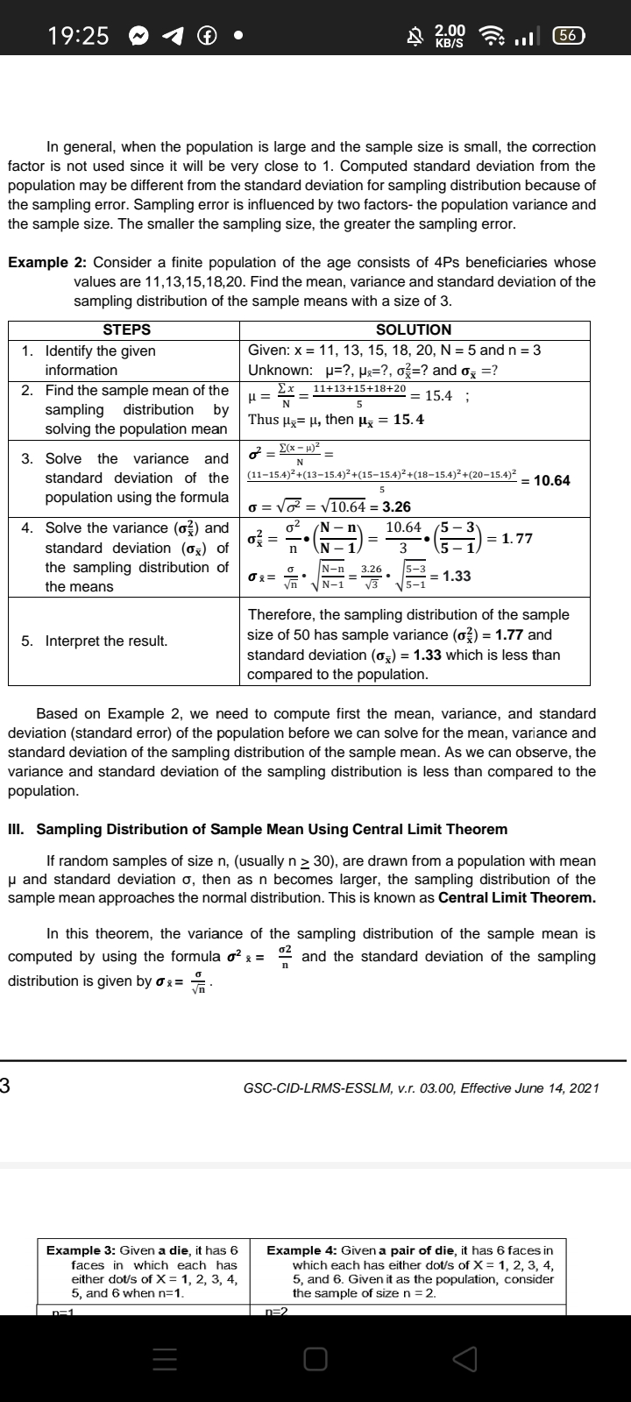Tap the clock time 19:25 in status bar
pyautogui.click(x=79, y=35)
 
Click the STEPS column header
pyautogui.click(x=126, y=329)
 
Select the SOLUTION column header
pyautogui.click(x=414, y=329)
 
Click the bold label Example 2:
pyautogui.click(x=47, y=263)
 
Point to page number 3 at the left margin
pyautogui.click(x=5, y=1087)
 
